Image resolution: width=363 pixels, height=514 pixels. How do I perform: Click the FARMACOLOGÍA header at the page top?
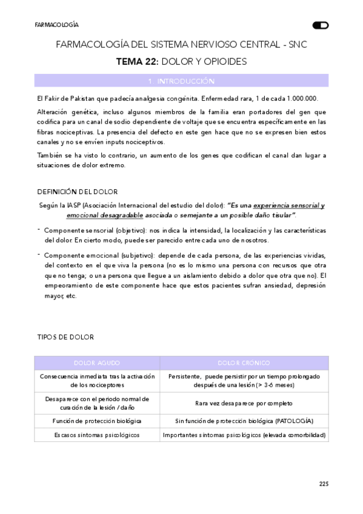[x=56, y=25]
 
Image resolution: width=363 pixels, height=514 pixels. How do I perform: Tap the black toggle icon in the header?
[x=320, y=25]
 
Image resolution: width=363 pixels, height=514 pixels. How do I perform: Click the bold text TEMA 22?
[x=137, y=61]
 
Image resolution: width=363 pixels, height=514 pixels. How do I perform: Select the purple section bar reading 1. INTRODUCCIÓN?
[x=181, y=81]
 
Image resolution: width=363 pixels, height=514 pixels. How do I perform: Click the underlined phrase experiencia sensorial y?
[x=288, y=205]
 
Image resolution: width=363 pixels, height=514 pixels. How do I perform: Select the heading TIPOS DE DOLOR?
[x=65, y=336]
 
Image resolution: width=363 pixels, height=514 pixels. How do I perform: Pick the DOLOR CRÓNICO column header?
[x=244, y=362]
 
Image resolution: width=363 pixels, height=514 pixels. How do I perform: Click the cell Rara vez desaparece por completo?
[x=244, y=403]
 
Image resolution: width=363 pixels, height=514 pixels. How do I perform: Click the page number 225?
[x=323, y=483]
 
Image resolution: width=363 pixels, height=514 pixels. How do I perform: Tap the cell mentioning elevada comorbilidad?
[x=244, y=435]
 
